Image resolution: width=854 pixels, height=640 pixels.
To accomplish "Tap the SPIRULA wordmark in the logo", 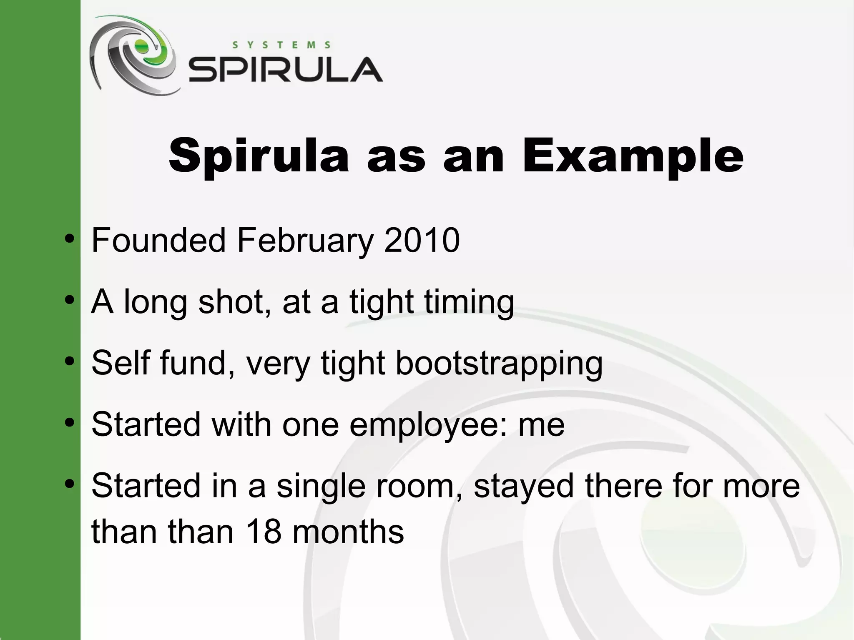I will tap(286, 70).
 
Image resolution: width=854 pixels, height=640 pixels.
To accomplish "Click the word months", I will tap(348, 532).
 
